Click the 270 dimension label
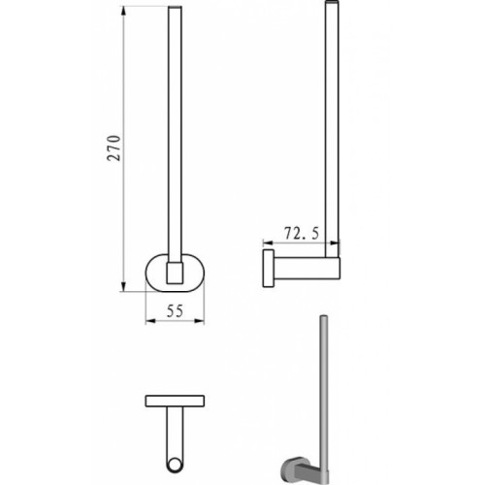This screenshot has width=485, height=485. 114,148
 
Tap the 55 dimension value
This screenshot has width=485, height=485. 175,311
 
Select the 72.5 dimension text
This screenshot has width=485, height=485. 302,233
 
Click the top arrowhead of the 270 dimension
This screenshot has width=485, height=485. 123,13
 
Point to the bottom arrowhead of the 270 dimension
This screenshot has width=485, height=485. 123,286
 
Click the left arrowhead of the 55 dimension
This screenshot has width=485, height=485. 151,321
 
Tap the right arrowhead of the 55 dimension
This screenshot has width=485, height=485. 199,321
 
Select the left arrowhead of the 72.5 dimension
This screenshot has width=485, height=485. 269,242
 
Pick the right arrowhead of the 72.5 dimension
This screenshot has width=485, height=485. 335,242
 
